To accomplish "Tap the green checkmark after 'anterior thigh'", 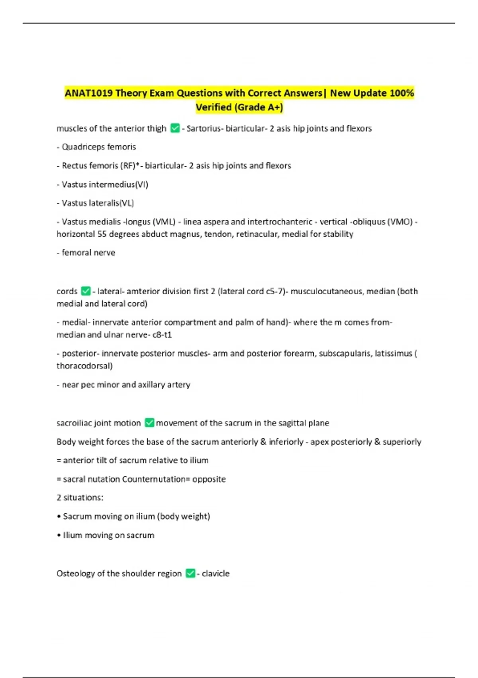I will [x=175, y=128].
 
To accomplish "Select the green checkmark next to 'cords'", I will [x=86, y=291].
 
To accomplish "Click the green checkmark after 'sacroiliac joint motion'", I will [x=149, y=423].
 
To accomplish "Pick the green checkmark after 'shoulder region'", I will [x=190, y=574].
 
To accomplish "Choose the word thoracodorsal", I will [x=84, y=366].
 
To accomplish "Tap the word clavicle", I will [x=215, y=574].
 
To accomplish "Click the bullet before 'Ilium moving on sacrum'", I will [x=59, y=535].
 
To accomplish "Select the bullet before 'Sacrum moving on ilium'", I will [x=59, y=516].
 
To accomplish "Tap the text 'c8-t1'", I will [x=162, y=335].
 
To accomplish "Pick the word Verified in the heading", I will [x=214, y=107].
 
